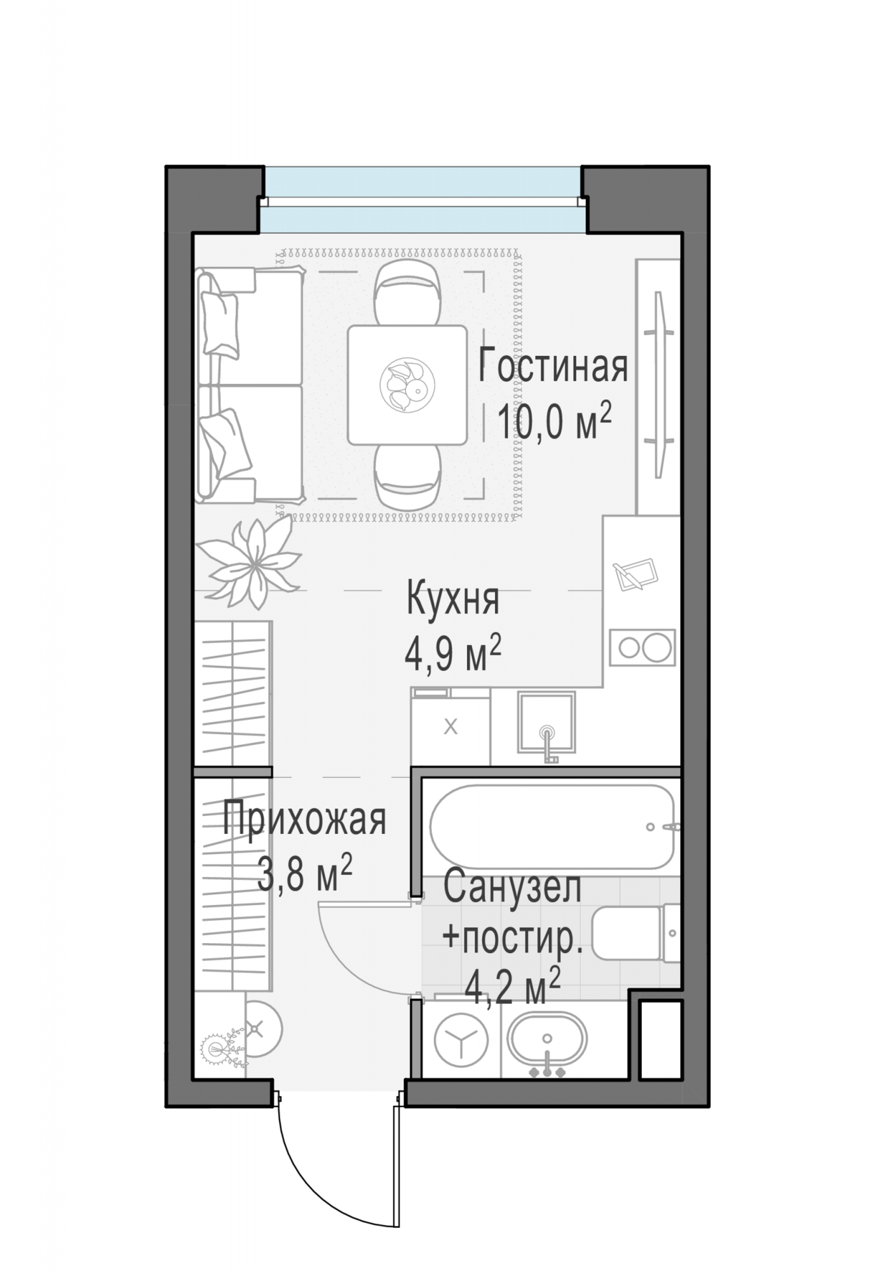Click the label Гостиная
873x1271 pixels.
pos(553,366)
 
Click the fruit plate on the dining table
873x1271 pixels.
pos(407,385)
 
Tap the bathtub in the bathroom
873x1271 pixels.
pos(552,826)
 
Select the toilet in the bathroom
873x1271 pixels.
pos(635,933)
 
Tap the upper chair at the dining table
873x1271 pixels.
pos(407,294)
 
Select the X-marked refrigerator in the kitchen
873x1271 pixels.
pos(450,726)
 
